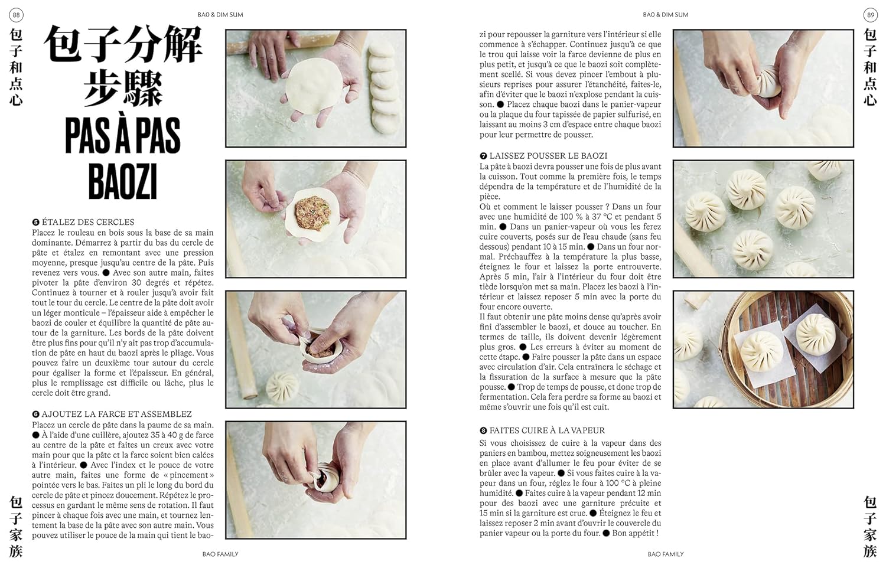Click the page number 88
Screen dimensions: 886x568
click(x=16, y=15)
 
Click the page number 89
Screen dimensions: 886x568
click(x=870, y=15)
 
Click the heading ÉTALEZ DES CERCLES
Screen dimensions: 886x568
click(x=88, y=222)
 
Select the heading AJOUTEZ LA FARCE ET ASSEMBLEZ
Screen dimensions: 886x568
click(x=117, y=414)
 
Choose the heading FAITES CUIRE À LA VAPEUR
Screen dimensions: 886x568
click(x=547, y=430)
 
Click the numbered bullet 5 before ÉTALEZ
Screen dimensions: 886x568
click(x=36, y=222)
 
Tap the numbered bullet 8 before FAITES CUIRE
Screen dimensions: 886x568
click(x=483, y=430)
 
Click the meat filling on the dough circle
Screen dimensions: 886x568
click(x=313, y=214)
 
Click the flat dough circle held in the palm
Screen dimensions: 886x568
click(x=313, y=86)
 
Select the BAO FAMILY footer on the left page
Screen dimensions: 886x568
click(x=220, y=554)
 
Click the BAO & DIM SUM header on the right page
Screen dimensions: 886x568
click(x=666, y=15)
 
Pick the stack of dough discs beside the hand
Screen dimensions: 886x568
click(x=383, y=87)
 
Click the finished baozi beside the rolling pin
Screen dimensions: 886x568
click(x=282, y=387)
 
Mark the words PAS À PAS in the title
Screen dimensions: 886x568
click(x=123, y=136)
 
